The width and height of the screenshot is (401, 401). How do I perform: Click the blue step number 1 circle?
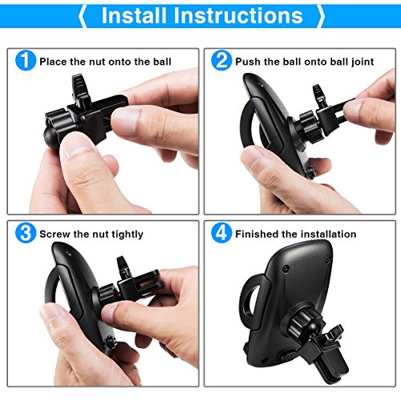pyautogui.click(x=26, y=61)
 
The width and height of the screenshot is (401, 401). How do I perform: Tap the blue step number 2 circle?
pyautogui.click(x=221, y=61)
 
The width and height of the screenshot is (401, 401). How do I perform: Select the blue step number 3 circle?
pyautogui.click(x=26, y=233)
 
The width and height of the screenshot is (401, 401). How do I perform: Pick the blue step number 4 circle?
pyautogui.click(x=221, y=233)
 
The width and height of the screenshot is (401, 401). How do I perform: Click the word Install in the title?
pyautogui.click(x=134, y=15)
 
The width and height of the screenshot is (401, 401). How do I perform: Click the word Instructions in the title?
pyautogui.click(x=238, y=15)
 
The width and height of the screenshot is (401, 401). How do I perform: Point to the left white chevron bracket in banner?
pyautogui.click(x=83, y=16)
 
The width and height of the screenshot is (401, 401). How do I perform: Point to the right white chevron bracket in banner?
pyautogui.click(x=321, y=16)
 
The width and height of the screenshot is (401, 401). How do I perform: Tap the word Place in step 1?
pyautogui.click(x=53, y=62)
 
